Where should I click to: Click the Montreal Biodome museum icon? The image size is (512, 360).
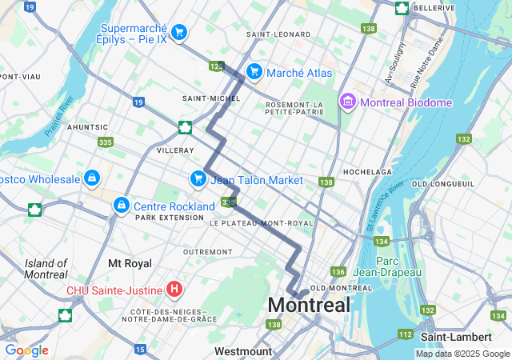[x=348, y=102]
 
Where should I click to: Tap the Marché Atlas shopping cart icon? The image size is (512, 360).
[x=254, y=73]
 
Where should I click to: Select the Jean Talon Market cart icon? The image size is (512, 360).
[x=198, y=179]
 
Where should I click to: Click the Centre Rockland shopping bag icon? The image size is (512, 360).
[x=121, y=205]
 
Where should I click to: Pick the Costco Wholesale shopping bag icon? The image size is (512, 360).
[x=92, y=178]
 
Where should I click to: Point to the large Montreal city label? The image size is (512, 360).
[x=309, y=305]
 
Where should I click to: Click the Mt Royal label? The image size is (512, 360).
[x=130, y=262]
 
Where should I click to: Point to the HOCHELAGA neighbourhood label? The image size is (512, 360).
[x=367, y=172]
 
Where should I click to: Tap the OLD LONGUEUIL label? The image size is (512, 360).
[x=441, y=185]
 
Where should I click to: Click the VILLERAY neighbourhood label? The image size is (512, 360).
[x=175, y=150]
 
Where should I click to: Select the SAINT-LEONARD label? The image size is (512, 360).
[x=278, y=34]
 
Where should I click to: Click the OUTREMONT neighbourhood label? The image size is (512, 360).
[x=207, y=251]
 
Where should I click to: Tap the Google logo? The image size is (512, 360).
[x=26, y=350]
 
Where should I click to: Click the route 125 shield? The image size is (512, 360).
[x=216, y=66]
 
